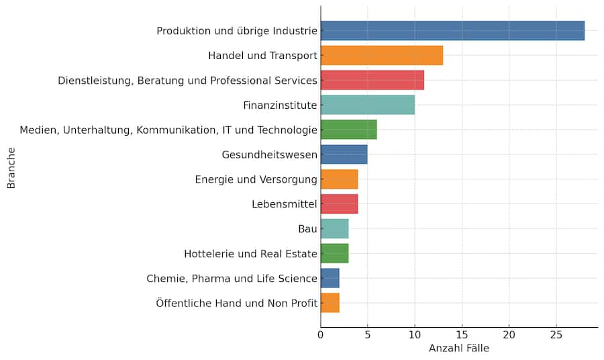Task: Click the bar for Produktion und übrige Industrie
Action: (x=452, y=31)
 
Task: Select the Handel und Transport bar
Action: (x=382, y=55)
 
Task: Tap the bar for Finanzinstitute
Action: (x=368, y=105)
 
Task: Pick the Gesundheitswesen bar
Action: (x=344, y=154)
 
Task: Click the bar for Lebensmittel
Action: (x=339, y=204)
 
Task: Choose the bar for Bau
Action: (x=334, y=228)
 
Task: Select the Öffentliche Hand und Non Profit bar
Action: (x=330, y=303)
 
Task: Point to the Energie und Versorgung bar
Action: (x=339, y=179)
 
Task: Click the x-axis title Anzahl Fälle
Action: (x=459, y=349)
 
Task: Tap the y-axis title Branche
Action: (x=11, y=167)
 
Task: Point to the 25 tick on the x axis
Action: (x=556, y=334)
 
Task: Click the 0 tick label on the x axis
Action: (x=321, y=334)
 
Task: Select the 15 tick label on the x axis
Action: (x=462, y=334)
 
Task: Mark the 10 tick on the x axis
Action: (x=415, y=334)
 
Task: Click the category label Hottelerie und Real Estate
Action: (x=250, y=254)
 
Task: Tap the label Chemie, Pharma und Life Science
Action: (x=232, y=279)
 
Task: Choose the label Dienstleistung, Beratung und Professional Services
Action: (x=187, y=81)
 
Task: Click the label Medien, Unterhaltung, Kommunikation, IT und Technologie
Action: (x=168, y=130)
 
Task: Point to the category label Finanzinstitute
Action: (x=280, y=105)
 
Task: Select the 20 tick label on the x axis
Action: (x=509, y=334)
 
